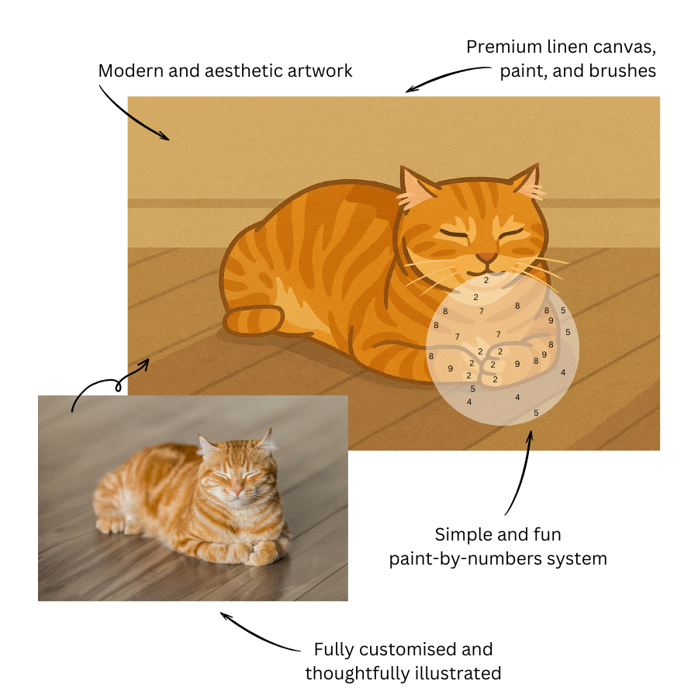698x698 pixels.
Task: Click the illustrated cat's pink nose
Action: click(x=486, y=257)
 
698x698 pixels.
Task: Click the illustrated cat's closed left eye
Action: click(x=454, y=235)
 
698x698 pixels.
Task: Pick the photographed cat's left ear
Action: click(x=207, y=444)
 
